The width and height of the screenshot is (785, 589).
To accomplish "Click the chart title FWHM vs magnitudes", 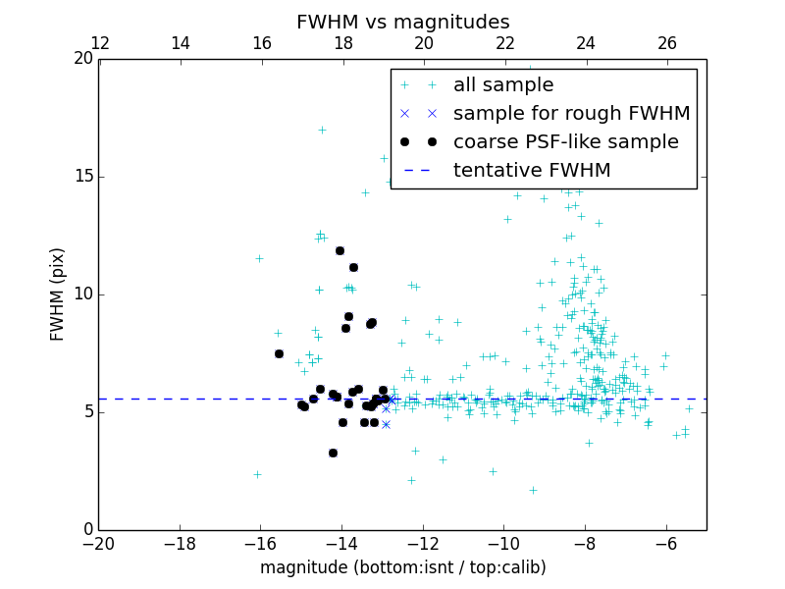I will point(402,22).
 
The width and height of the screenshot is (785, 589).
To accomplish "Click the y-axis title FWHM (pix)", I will point(58,294).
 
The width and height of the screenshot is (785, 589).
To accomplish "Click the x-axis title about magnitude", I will point(402,567).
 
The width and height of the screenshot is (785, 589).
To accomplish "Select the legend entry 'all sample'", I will point(503,85).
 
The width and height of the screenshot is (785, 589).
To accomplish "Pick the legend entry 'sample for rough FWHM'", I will point(571,114).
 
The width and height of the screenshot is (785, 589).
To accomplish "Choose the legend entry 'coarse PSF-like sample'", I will point(565,142).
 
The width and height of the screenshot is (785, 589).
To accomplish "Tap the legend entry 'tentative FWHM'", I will point(532,171).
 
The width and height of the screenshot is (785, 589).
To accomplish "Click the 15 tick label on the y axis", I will point(82,177).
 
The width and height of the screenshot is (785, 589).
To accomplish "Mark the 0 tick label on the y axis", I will point(87,530).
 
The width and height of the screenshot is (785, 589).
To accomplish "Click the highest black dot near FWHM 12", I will point(340,250).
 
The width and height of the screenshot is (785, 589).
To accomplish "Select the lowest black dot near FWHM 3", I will point(333,453).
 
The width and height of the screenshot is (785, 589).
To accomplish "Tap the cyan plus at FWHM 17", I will point(321,130).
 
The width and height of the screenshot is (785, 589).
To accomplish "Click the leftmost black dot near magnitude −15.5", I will point(279,353).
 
